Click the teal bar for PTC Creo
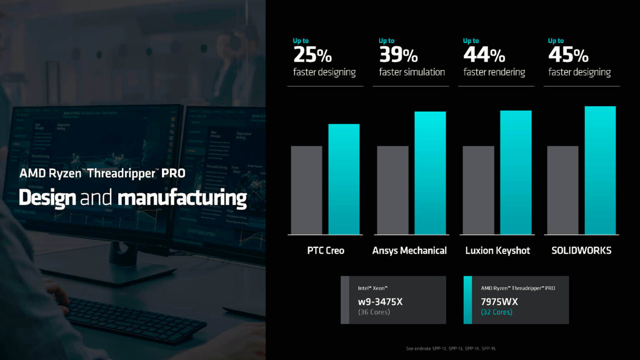(x=344, y=179)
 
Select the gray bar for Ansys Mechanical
(x=393, y=190)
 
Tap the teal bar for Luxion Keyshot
(x=516, y=172)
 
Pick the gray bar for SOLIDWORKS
(x=563, y=190)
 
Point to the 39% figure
(x=398, y=55)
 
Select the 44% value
(x=484, y=55)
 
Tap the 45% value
(x=568, y=55)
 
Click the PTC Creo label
(x=326, y=250)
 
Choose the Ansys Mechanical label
(x=409, y=250)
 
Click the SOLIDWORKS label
(x=581, y=250)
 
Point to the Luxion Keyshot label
(x=497, y=250)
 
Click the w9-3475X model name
(x=380, y=302)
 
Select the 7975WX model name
(x=499, y=302)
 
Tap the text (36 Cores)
(x=374, y=312)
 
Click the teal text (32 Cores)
(x=497, y=312)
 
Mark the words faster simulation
(x=412, y=72)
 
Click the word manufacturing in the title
(x=182, y=198)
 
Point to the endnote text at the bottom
(x=451, y=348)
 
